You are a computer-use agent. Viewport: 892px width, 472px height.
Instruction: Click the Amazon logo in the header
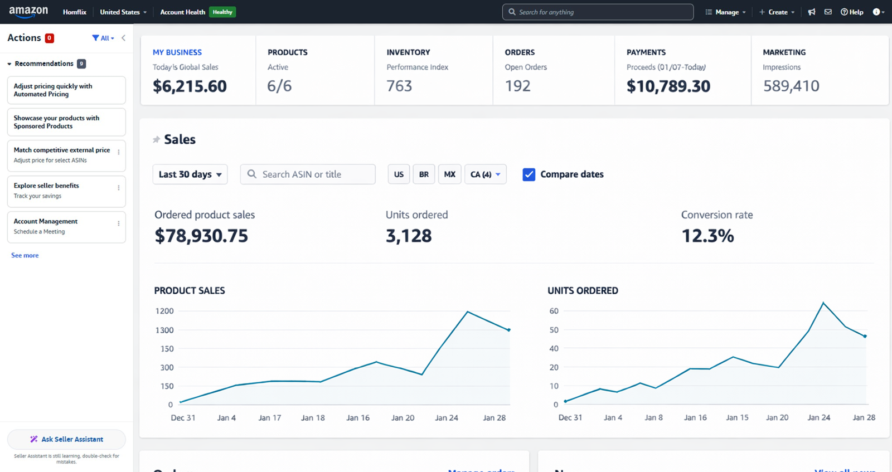(28, 12)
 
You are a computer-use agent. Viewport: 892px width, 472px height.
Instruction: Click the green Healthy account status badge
(222, 12)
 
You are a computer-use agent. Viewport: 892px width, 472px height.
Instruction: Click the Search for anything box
(598, 12)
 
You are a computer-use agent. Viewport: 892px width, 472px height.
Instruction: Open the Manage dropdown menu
(725, 12)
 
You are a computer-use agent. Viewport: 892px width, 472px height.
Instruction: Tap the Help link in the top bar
(852, 12)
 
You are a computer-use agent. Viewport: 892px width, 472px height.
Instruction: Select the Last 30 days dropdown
(190, 174)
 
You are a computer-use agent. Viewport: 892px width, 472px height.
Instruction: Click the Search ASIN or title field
(308, 174)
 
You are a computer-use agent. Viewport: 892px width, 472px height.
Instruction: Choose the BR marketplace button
(424, 174)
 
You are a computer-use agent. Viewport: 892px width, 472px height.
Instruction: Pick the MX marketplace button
(449, 174)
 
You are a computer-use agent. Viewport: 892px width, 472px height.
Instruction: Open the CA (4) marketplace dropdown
(485, 174)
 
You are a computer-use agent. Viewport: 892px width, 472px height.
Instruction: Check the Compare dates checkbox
(529, 174)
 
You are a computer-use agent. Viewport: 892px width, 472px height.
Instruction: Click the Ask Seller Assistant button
(66, 439)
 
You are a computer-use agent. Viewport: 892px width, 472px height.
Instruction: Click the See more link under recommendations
(25, 255)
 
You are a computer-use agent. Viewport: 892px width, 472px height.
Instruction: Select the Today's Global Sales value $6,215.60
(190, 86)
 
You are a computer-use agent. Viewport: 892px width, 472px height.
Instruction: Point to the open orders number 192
(517, 86)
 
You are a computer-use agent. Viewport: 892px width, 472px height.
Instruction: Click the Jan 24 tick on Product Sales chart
(447, 417)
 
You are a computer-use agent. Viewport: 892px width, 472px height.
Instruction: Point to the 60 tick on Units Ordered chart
(554, 311)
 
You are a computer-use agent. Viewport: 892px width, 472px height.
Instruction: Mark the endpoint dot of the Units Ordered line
(865, 337)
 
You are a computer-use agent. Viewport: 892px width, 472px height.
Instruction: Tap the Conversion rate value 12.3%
(707, 236)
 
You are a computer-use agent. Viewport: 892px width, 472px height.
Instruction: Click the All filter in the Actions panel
(104, 38)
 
